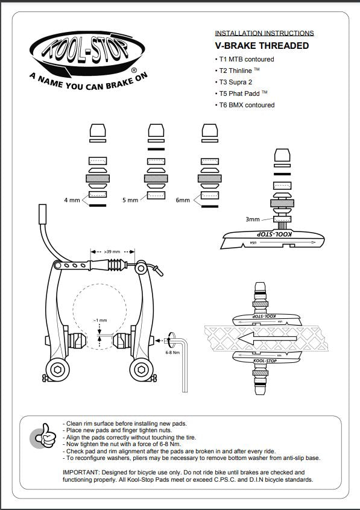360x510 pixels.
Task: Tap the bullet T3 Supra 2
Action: coord(239,82)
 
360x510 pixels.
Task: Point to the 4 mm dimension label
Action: coord(72,200)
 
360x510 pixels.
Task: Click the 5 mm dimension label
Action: coord(130,200)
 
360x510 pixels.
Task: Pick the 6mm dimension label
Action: coord(183,200)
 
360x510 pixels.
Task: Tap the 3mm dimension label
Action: coord(253,220)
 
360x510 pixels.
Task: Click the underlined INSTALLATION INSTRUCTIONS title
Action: coord(264,33)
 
